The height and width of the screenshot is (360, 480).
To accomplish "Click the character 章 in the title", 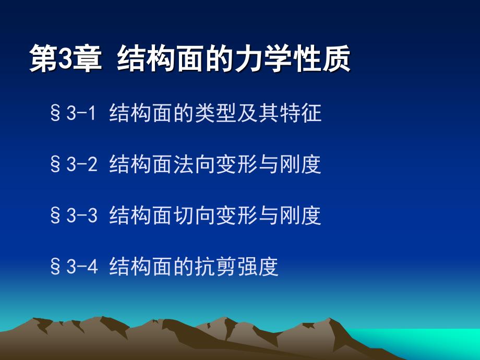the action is pyautogui.click(x=87, y=58).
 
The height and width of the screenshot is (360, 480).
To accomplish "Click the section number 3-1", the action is pyautogui.click(x=81, y=113).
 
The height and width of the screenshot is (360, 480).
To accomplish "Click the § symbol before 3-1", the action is pyautogui.click(x=55, y=113).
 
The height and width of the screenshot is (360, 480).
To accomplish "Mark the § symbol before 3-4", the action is pyautogui.click(x=55, y=266).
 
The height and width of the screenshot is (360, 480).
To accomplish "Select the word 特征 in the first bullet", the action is pyautogui.click(x=301, y=113).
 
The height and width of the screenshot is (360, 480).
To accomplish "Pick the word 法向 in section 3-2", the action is pyautogui.click(x=195, y=164).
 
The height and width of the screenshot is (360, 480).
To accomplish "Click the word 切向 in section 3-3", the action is pyautogui.click(x=195, y=215).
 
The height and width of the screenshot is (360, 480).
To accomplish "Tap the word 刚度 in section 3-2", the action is pyautogui.click(x=301, y=164).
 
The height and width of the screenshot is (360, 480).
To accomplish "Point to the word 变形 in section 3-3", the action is pyautogui.click(x=237, y=215).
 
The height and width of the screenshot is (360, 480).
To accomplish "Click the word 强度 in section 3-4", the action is pyautogui.click(x=258, y=266).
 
